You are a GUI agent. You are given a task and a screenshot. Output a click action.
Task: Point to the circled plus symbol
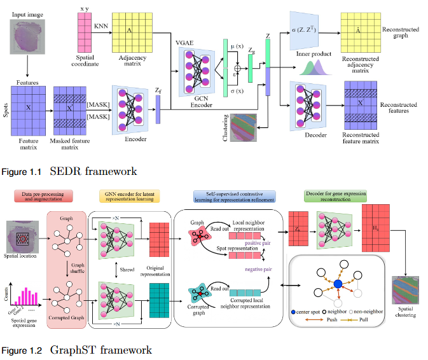(x=237, y=68)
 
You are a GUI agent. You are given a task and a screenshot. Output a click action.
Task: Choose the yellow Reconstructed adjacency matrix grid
(x=361, y=32)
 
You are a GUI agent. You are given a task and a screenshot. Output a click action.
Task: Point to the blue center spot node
(x=338, y=282)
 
